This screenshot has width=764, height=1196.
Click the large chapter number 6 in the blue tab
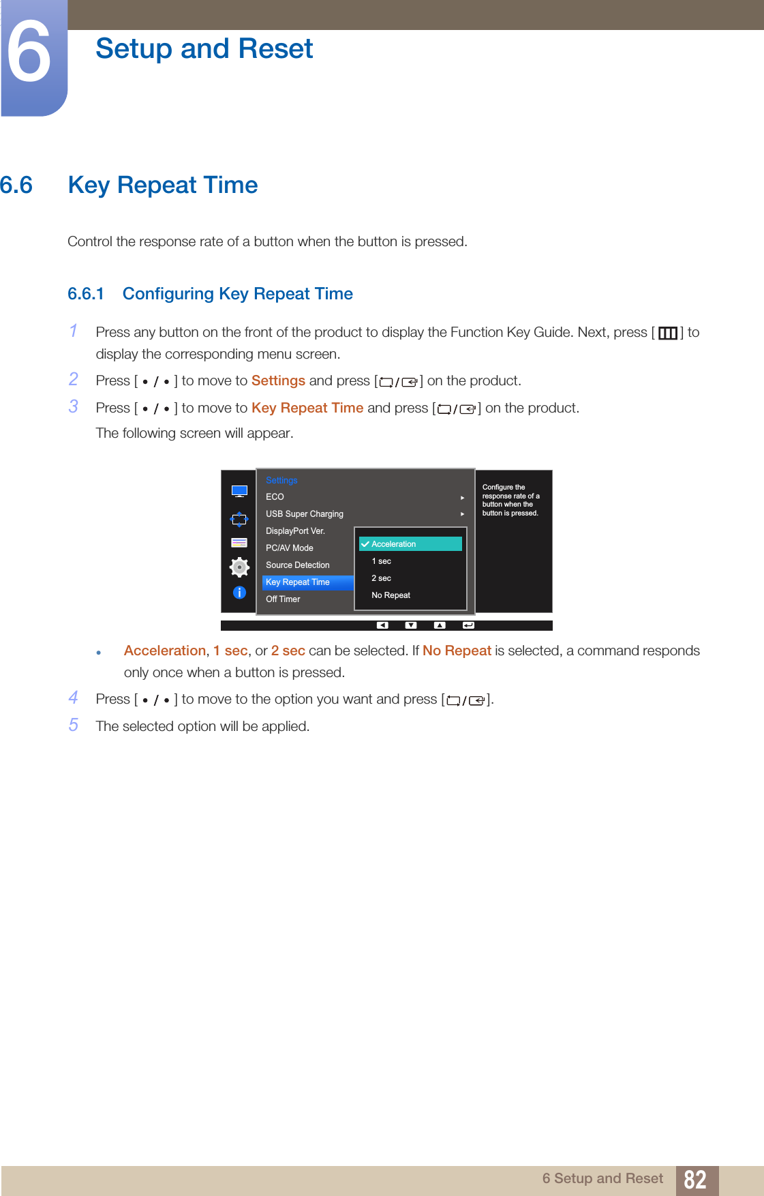[29, 53]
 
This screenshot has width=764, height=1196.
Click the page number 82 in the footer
[694, 1180]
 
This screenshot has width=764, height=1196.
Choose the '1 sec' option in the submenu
[382, 561]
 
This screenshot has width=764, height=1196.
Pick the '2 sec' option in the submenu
[382, 578]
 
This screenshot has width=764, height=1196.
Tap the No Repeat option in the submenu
[391, 595]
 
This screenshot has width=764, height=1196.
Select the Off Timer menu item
[283, 599]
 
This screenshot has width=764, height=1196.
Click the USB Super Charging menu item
[305, 514]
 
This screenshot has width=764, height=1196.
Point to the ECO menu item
[275, 497]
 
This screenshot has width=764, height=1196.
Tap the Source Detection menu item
[298, 565]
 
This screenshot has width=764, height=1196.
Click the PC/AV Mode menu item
[290, 548]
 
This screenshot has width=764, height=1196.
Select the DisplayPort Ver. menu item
[295, 531]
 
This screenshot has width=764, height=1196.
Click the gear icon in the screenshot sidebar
[239, 567]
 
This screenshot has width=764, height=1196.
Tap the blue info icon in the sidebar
[239, 593]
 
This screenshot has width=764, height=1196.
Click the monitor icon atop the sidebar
[239, 491]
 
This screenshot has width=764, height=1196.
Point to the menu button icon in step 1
[667, 333]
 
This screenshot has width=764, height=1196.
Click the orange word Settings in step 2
[278, 380]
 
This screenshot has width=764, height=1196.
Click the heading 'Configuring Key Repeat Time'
[237, 294]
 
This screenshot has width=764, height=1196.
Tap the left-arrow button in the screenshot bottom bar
[382, 625]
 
